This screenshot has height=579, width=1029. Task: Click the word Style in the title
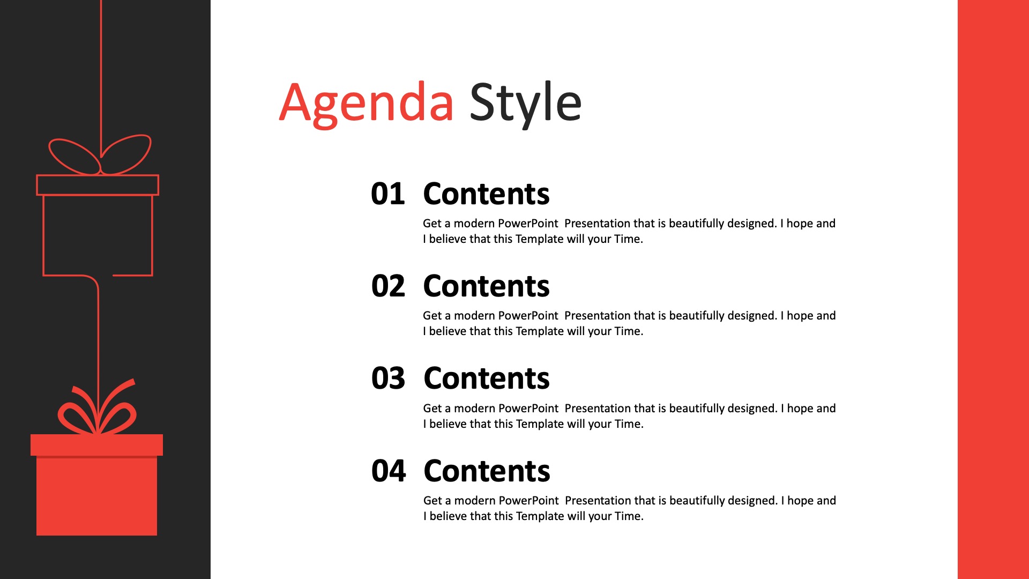525,103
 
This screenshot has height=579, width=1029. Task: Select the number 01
388,194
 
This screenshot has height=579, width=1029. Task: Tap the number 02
388,286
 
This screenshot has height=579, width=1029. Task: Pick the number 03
388,378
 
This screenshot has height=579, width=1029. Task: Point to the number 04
389,471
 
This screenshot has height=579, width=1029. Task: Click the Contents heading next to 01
486,194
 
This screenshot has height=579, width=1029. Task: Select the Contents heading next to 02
486,286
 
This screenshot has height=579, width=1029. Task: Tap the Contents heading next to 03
487,378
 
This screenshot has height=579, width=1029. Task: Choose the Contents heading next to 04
487,471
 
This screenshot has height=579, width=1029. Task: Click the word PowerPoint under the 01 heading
528,224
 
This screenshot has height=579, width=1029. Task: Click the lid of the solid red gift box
96,445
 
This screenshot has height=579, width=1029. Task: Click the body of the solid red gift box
96,496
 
